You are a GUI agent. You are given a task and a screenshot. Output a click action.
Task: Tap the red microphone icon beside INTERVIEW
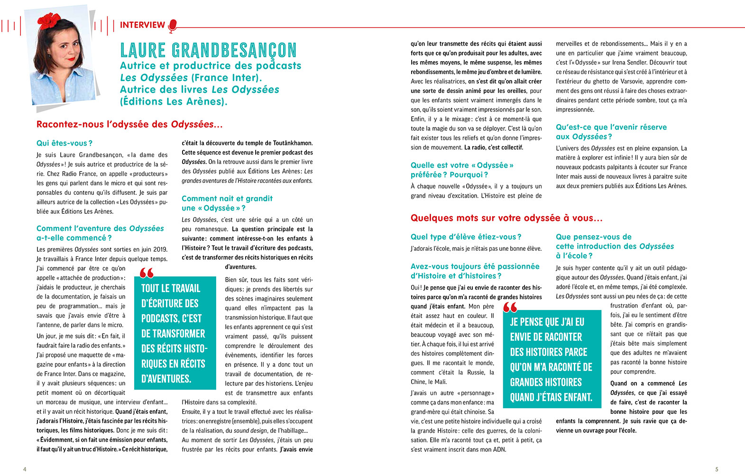coord(173,26)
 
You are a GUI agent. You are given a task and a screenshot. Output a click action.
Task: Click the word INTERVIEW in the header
coord(142,25)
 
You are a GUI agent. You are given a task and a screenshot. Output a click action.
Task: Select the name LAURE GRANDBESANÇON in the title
coord(208,50)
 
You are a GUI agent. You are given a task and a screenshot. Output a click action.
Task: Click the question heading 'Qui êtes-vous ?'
coord(64,143)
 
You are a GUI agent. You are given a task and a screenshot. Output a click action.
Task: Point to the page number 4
coord(25,469)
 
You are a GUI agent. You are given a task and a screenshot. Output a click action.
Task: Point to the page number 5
coord(717,469)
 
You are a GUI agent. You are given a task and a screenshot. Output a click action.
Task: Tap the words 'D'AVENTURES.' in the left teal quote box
coord(166,379)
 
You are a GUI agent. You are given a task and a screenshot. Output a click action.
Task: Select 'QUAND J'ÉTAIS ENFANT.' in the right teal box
coord(551,397)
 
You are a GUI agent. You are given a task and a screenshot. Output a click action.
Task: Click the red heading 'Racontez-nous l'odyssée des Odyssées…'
coord(129,125)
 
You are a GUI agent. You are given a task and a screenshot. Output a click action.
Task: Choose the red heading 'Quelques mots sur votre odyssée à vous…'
coord(506,218)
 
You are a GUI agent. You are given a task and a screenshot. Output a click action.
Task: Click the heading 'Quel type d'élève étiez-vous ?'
coord(466,237)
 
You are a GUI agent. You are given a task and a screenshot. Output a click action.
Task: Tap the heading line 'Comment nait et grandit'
coord(227,199)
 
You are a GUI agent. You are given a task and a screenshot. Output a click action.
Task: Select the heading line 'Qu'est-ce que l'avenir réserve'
coord(611,127)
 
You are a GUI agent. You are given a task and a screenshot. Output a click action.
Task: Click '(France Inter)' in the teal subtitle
coord(226,78)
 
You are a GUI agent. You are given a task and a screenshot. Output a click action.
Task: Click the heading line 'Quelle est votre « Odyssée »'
coord(462,165)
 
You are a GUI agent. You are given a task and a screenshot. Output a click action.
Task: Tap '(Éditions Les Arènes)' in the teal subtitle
coord(174,101)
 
